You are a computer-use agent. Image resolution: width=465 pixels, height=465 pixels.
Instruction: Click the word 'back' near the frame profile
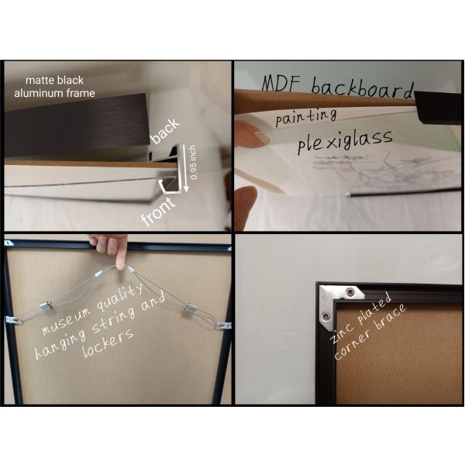165,131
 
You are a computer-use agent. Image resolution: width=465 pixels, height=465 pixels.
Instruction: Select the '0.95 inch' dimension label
193,162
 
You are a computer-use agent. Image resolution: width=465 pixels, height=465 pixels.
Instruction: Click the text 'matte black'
54,80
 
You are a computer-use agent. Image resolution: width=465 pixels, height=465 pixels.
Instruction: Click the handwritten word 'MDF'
282,83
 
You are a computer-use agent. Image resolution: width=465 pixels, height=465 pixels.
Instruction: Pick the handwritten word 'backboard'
363,87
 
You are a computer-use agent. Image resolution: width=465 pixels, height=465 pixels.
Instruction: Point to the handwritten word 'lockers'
108,343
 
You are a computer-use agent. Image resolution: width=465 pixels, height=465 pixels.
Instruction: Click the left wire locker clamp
46,307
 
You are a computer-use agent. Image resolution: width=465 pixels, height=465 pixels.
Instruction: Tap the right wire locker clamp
190,310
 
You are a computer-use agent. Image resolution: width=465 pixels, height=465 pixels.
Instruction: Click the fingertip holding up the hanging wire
120,265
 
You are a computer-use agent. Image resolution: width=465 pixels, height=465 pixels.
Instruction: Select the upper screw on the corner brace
350,292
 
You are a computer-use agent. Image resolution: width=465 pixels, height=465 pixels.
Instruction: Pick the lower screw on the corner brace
325,317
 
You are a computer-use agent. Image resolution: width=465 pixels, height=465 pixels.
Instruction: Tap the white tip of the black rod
347,195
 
